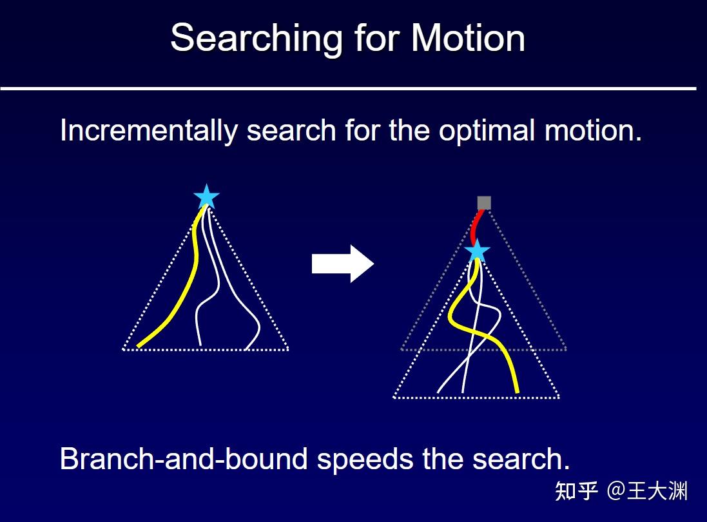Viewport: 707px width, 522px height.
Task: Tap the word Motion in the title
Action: tap(468, 39)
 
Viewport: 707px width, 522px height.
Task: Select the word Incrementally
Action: tap(149, 131)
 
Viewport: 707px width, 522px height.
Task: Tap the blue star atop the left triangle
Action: tap(206, 197)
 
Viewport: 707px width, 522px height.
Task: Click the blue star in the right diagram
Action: tap(477, 251)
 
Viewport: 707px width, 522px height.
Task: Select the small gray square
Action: tap(484, 203)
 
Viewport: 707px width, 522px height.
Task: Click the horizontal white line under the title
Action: tap(348, 88)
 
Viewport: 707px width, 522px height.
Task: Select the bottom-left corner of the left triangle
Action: tap(124, 349)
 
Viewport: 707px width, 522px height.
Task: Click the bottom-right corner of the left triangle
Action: tap(287, 349)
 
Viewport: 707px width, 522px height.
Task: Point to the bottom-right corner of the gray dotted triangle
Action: tap(566, 349)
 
